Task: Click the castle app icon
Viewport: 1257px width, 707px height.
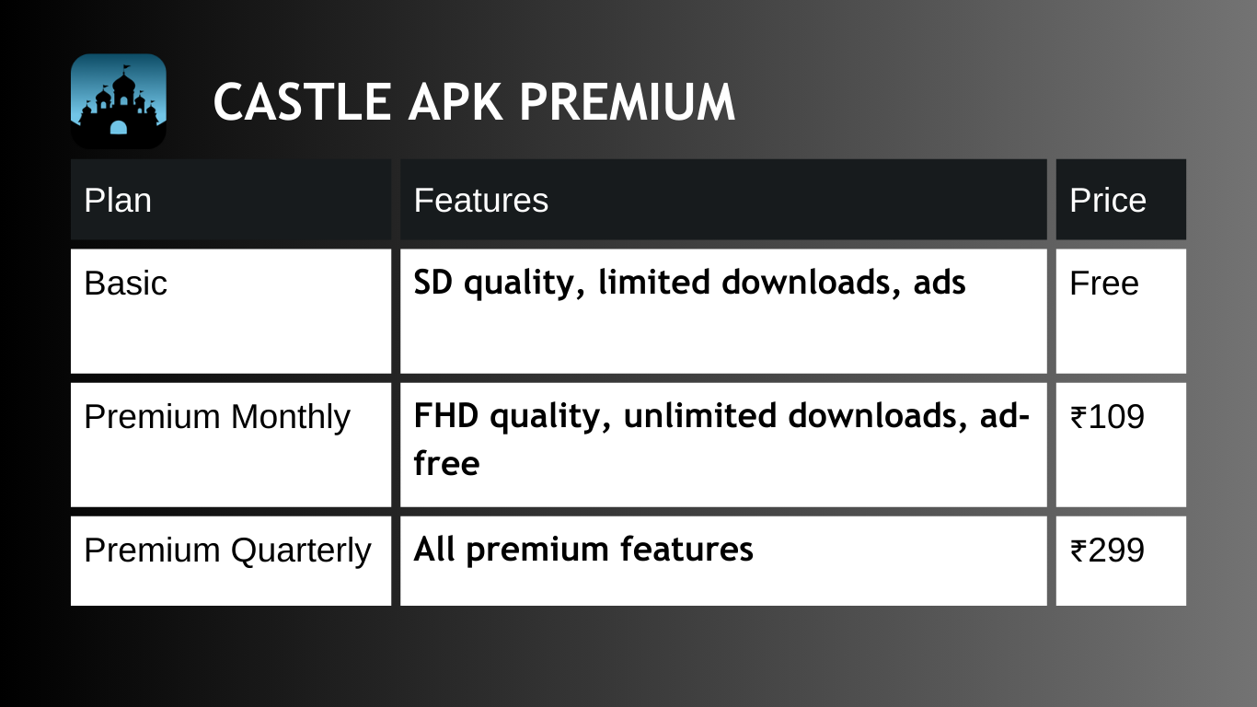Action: click(119, 101)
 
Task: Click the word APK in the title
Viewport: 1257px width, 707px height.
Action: click(456, 101)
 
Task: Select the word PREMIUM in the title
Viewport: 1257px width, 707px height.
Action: click(628, 101)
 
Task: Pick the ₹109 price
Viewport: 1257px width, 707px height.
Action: click(1107, 417)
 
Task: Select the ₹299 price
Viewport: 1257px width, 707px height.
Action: click(1107, 551)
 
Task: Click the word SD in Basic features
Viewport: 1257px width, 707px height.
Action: click(433, 282)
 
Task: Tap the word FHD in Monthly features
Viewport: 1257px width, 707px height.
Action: click(446, 415)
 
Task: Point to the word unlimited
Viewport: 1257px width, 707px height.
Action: click(699, 415)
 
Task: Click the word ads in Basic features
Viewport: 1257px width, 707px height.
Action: click(940, 282)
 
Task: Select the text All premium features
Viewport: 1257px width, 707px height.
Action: click(583, 550)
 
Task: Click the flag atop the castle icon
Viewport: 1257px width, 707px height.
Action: click(127, 68)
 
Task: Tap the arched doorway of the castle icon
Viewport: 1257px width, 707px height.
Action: click(119, 128)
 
